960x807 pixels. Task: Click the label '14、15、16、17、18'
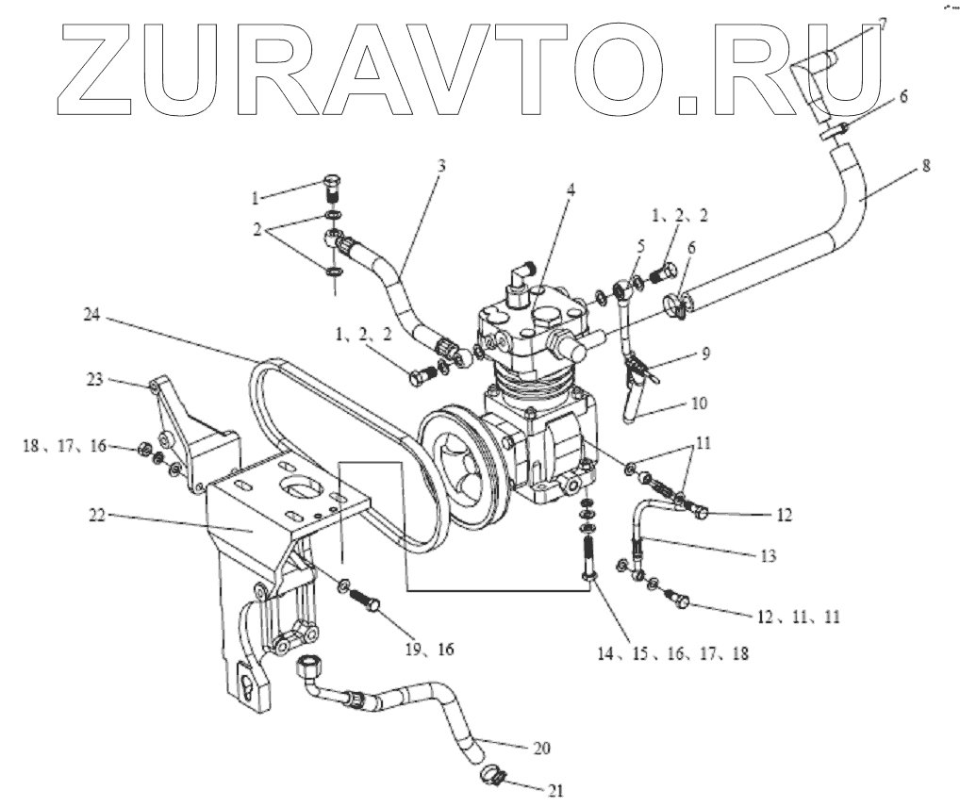[671, 651]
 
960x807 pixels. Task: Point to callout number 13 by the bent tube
[768, 556]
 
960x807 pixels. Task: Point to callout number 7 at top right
[882, 23]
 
